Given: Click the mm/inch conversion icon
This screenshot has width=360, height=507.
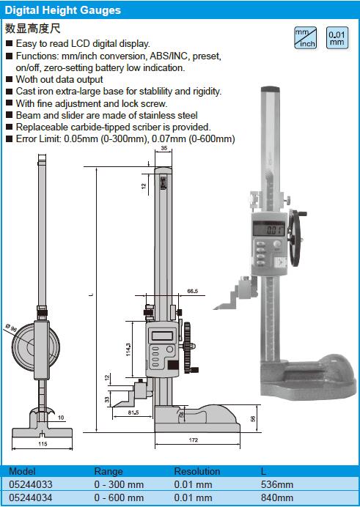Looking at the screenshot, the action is click(x=305, y=38).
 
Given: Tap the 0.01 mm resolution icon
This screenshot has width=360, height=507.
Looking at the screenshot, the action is click(x=337, y=38).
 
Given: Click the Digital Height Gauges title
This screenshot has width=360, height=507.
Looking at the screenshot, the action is click(x=63, y=10).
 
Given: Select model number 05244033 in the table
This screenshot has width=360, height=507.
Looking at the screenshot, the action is click(x=30, y=484).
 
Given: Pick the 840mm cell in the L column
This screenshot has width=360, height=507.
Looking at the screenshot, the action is click(x=277, y=497).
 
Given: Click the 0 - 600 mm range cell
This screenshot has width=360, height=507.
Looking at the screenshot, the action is click(x=119, y=497).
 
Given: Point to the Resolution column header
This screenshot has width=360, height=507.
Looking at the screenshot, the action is click(x=197, y=471).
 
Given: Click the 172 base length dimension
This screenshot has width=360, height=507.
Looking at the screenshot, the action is click(x=193, y=440).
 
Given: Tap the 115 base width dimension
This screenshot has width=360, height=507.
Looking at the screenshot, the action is click(x=43, y=444).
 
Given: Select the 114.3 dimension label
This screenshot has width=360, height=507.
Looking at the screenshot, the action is click(x=128, y=349).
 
